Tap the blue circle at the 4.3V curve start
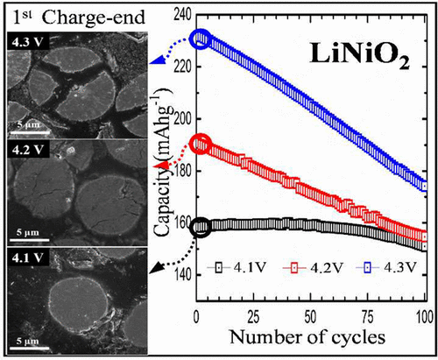[201, 39]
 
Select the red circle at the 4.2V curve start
[201, 144]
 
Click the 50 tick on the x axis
[312, 316]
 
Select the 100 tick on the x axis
[424, 316]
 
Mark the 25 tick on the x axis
[255, 316]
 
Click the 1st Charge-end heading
[67, 14]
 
